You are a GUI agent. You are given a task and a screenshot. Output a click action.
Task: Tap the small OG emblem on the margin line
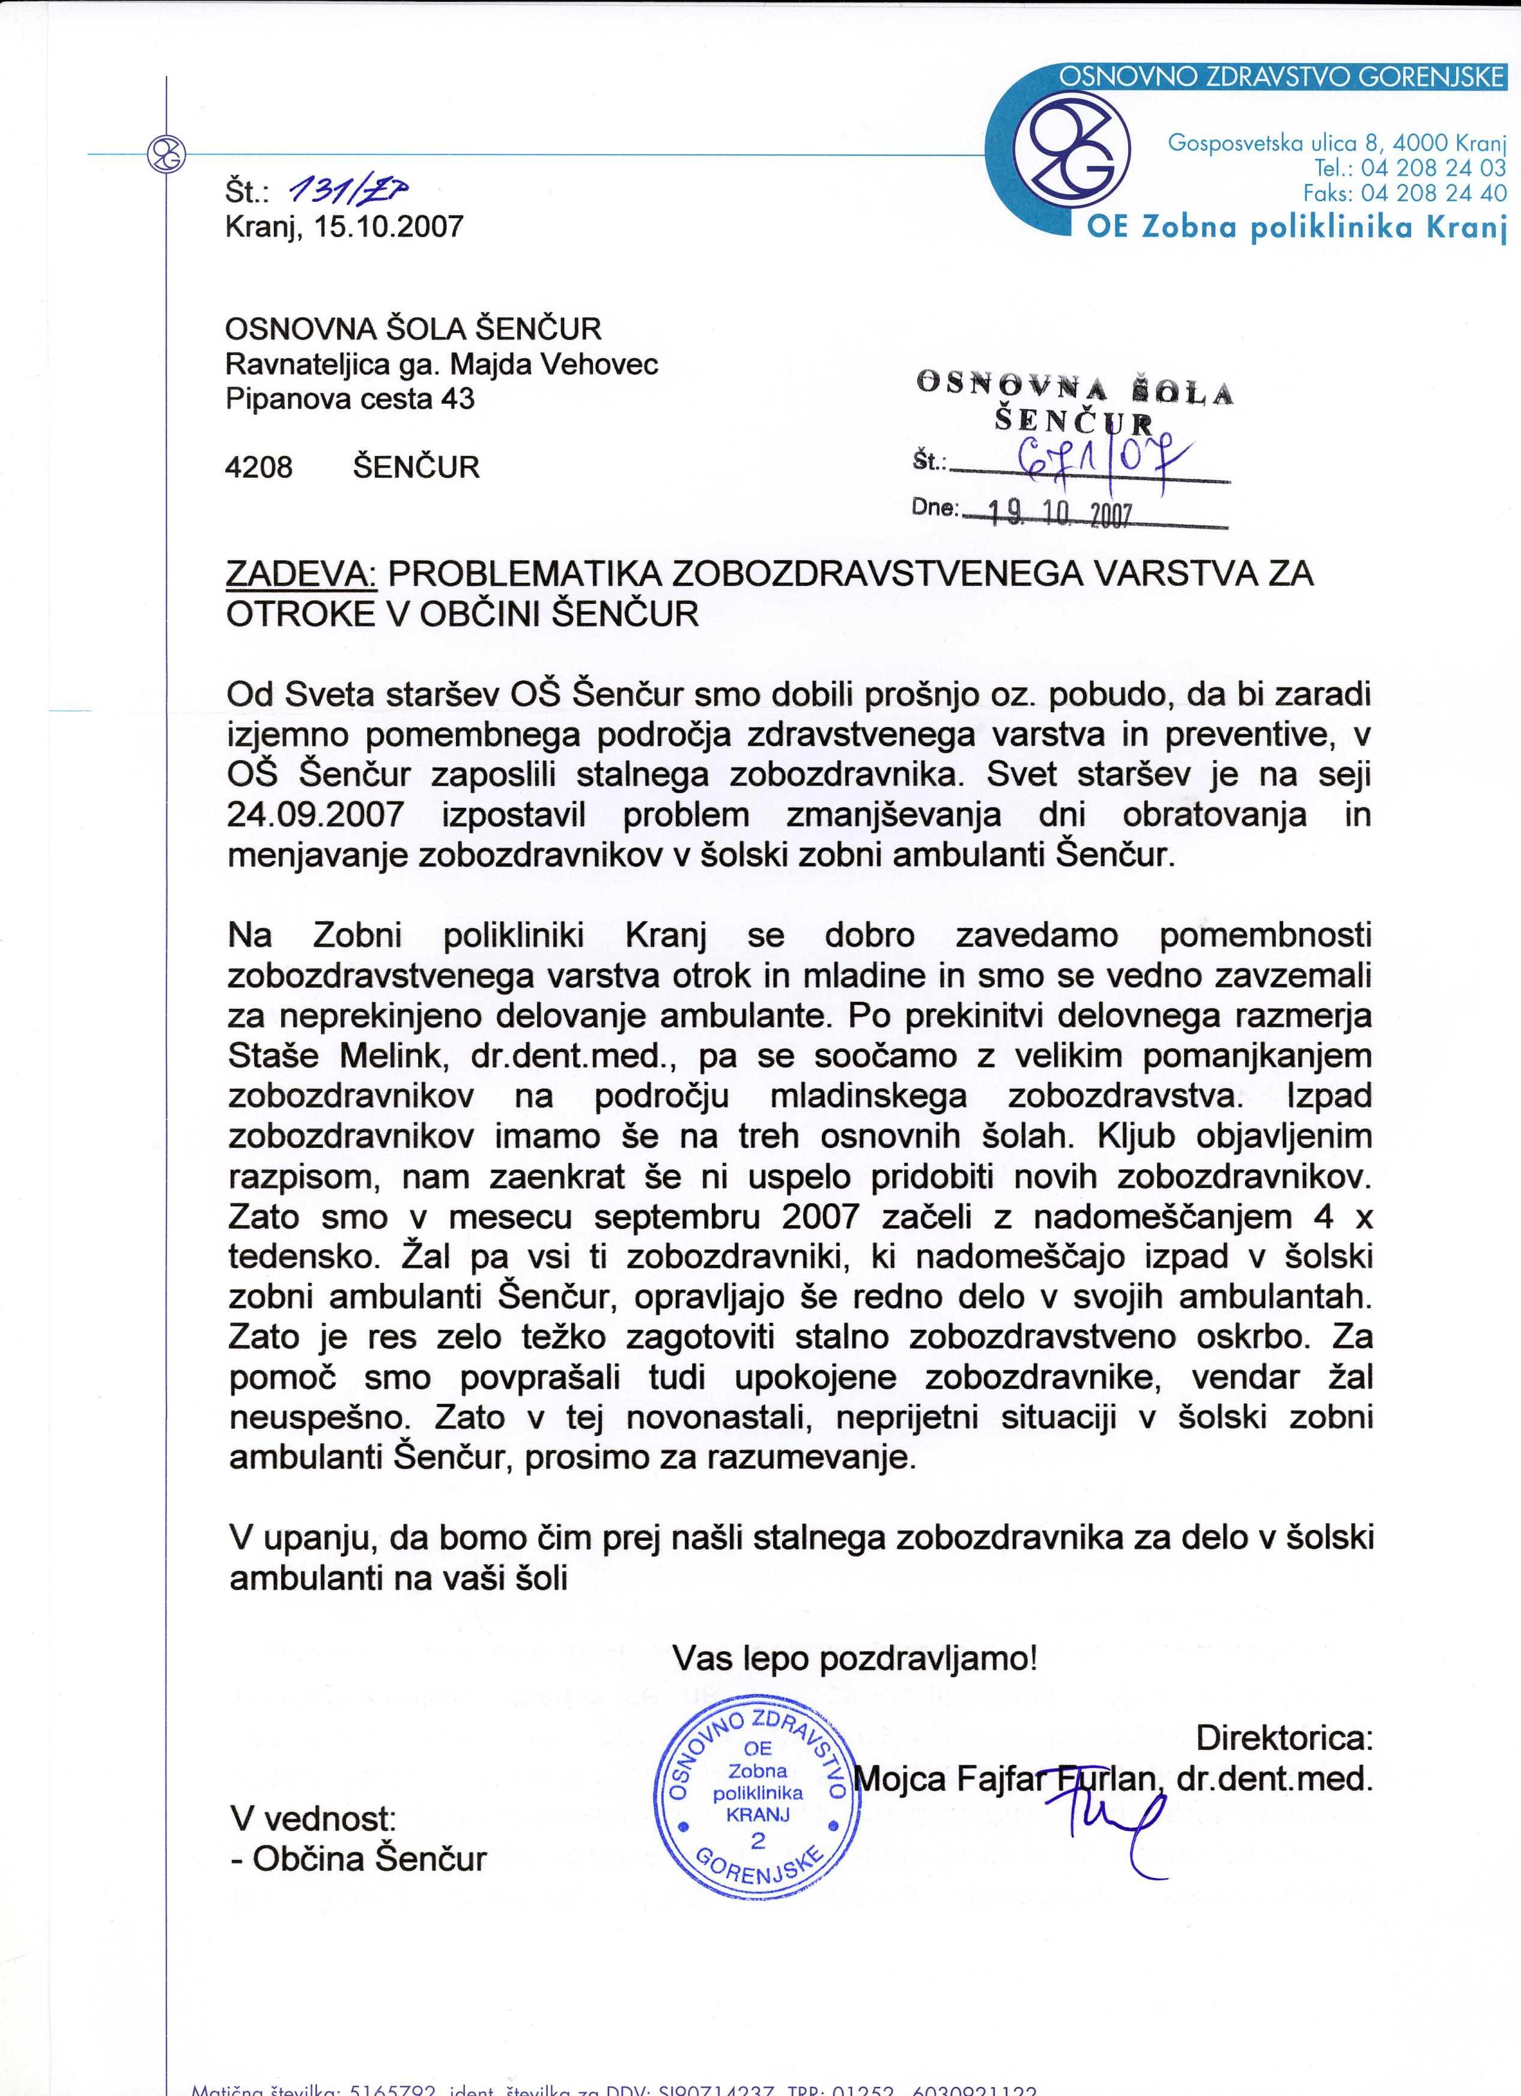(167, 153)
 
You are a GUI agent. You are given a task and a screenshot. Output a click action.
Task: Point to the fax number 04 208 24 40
(1433, 193)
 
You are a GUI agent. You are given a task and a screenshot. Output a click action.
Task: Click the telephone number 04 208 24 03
(1433, 168)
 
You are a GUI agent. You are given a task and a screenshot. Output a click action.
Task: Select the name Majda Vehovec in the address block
(553, 364)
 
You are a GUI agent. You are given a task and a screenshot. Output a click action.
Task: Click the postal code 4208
(259, 467)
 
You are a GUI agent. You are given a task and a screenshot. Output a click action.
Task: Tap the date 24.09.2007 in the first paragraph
(315, 814)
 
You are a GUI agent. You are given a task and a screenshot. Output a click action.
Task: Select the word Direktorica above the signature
(1284, 1738)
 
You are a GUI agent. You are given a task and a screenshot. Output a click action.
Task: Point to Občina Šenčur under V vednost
(369, 1859)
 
